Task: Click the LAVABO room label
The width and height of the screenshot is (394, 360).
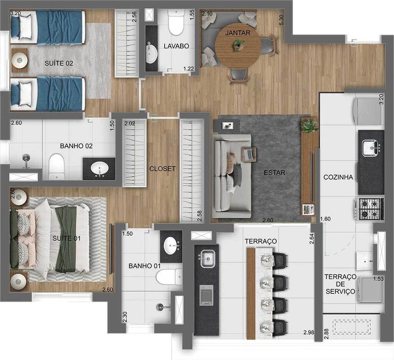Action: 177,46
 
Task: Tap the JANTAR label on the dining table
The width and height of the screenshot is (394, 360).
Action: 238,33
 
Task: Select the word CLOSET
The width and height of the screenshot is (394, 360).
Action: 162,169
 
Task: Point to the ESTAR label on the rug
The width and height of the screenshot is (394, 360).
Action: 275,173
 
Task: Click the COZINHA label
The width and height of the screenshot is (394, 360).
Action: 338,177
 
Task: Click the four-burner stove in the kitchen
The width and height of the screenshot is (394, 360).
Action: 370,209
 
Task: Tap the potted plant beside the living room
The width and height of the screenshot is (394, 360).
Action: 309,126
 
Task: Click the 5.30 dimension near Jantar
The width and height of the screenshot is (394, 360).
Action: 281,20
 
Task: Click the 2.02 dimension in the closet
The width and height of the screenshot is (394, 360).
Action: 130,123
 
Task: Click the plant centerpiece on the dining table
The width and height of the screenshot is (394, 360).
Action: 238,46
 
